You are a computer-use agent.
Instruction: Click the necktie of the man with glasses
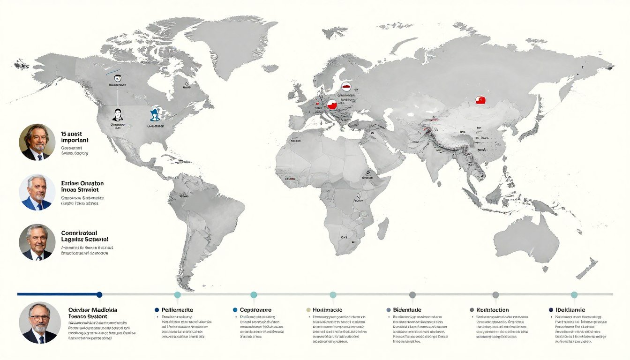tap(41, 339)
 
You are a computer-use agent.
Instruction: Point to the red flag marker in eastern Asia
tap(480, 100)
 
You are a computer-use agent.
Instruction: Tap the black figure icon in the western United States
tap(118, 114)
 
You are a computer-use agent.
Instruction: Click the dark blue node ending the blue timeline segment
tap(99, 294)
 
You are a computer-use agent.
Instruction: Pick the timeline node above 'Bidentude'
tap(412, 294)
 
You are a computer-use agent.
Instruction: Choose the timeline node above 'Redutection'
tap(495, 294)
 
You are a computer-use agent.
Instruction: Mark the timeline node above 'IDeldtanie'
tap(574, 294)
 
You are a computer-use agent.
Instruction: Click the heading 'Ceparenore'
tap(255, 310)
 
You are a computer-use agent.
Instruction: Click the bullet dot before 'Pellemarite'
tap(157, 310)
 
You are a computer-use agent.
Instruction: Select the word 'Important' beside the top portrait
tap(75, 140)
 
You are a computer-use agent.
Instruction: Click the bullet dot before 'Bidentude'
tap(389, 310)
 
